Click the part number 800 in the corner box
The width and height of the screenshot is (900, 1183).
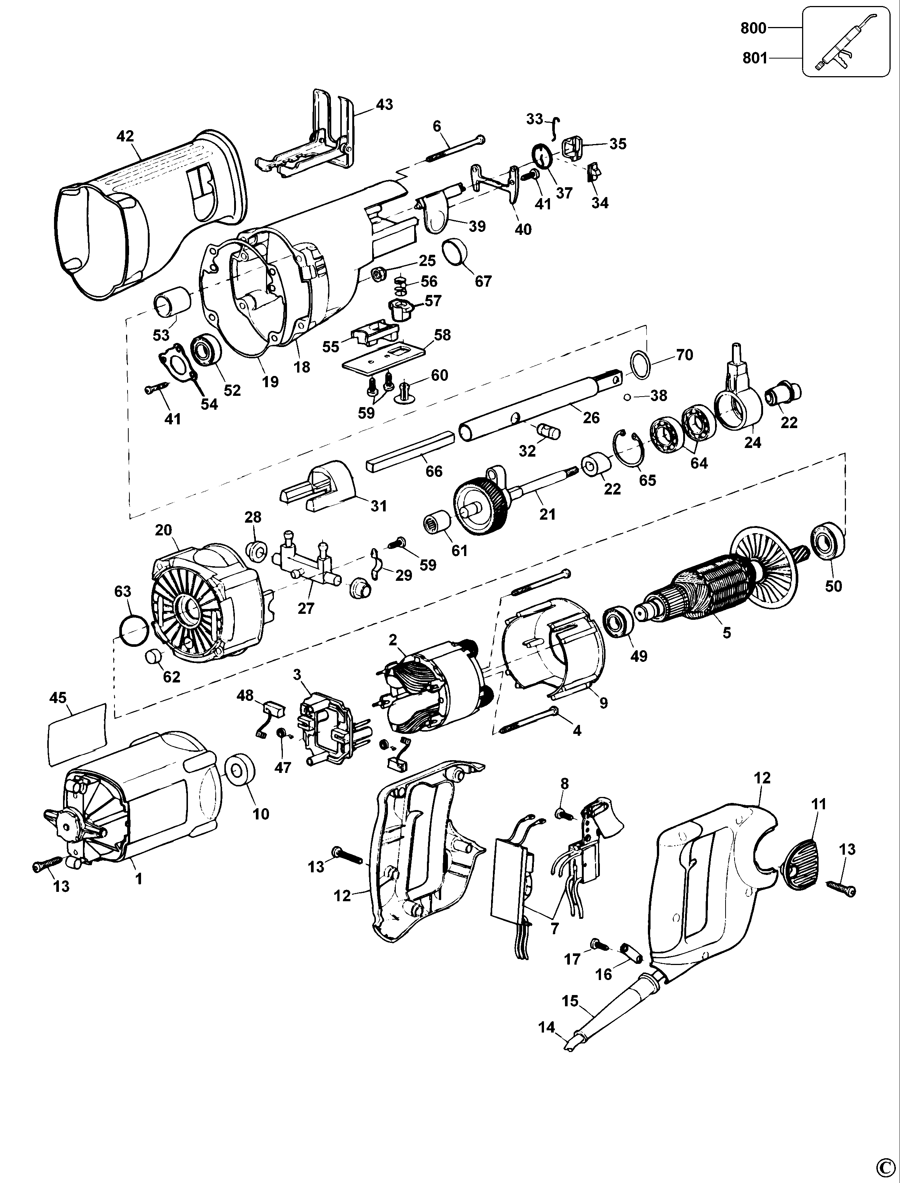[x=753, y=28]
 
